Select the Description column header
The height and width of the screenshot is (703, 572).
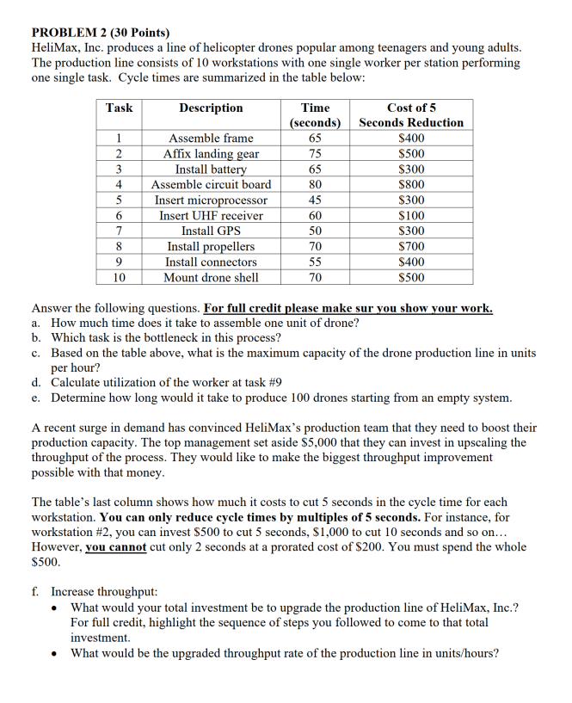211,108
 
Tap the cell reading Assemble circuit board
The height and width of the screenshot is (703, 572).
211,184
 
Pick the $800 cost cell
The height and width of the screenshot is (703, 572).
412,184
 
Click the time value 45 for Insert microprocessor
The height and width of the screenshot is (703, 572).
315,200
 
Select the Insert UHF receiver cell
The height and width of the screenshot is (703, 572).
211,215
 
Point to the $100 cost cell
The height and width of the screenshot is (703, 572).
412,215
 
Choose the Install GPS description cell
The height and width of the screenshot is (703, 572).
211,231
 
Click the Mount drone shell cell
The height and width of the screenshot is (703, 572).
211,277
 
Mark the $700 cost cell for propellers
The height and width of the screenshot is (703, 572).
412,246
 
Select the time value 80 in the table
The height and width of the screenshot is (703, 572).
315,184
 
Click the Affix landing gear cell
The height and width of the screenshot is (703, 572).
211,153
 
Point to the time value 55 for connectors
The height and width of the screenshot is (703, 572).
315,262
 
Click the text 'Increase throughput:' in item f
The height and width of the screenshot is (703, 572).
104,592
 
